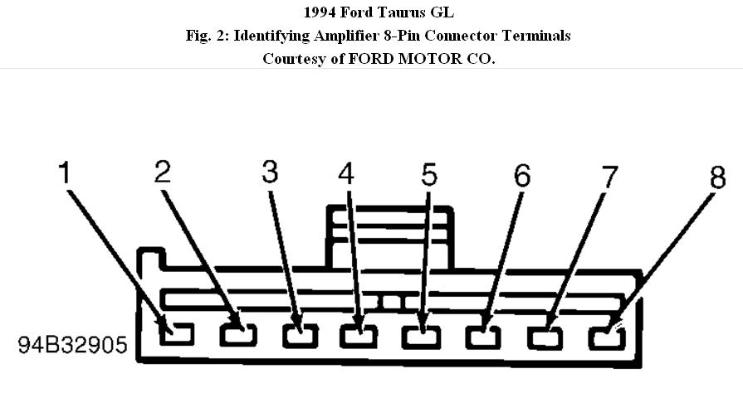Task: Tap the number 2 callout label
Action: point(163,171)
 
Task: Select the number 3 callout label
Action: point(271,171)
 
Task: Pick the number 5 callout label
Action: point(428,174)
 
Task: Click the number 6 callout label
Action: point(521,175)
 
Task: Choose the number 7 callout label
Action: point(610,176)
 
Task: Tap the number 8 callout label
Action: point(716,177)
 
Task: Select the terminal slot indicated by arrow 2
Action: point(238,336)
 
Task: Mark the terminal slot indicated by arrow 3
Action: point(300,337)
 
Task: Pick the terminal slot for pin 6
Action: point(483,338)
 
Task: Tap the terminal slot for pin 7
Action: point(545,338)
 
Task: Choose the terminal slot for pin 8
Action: point(607,338)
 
